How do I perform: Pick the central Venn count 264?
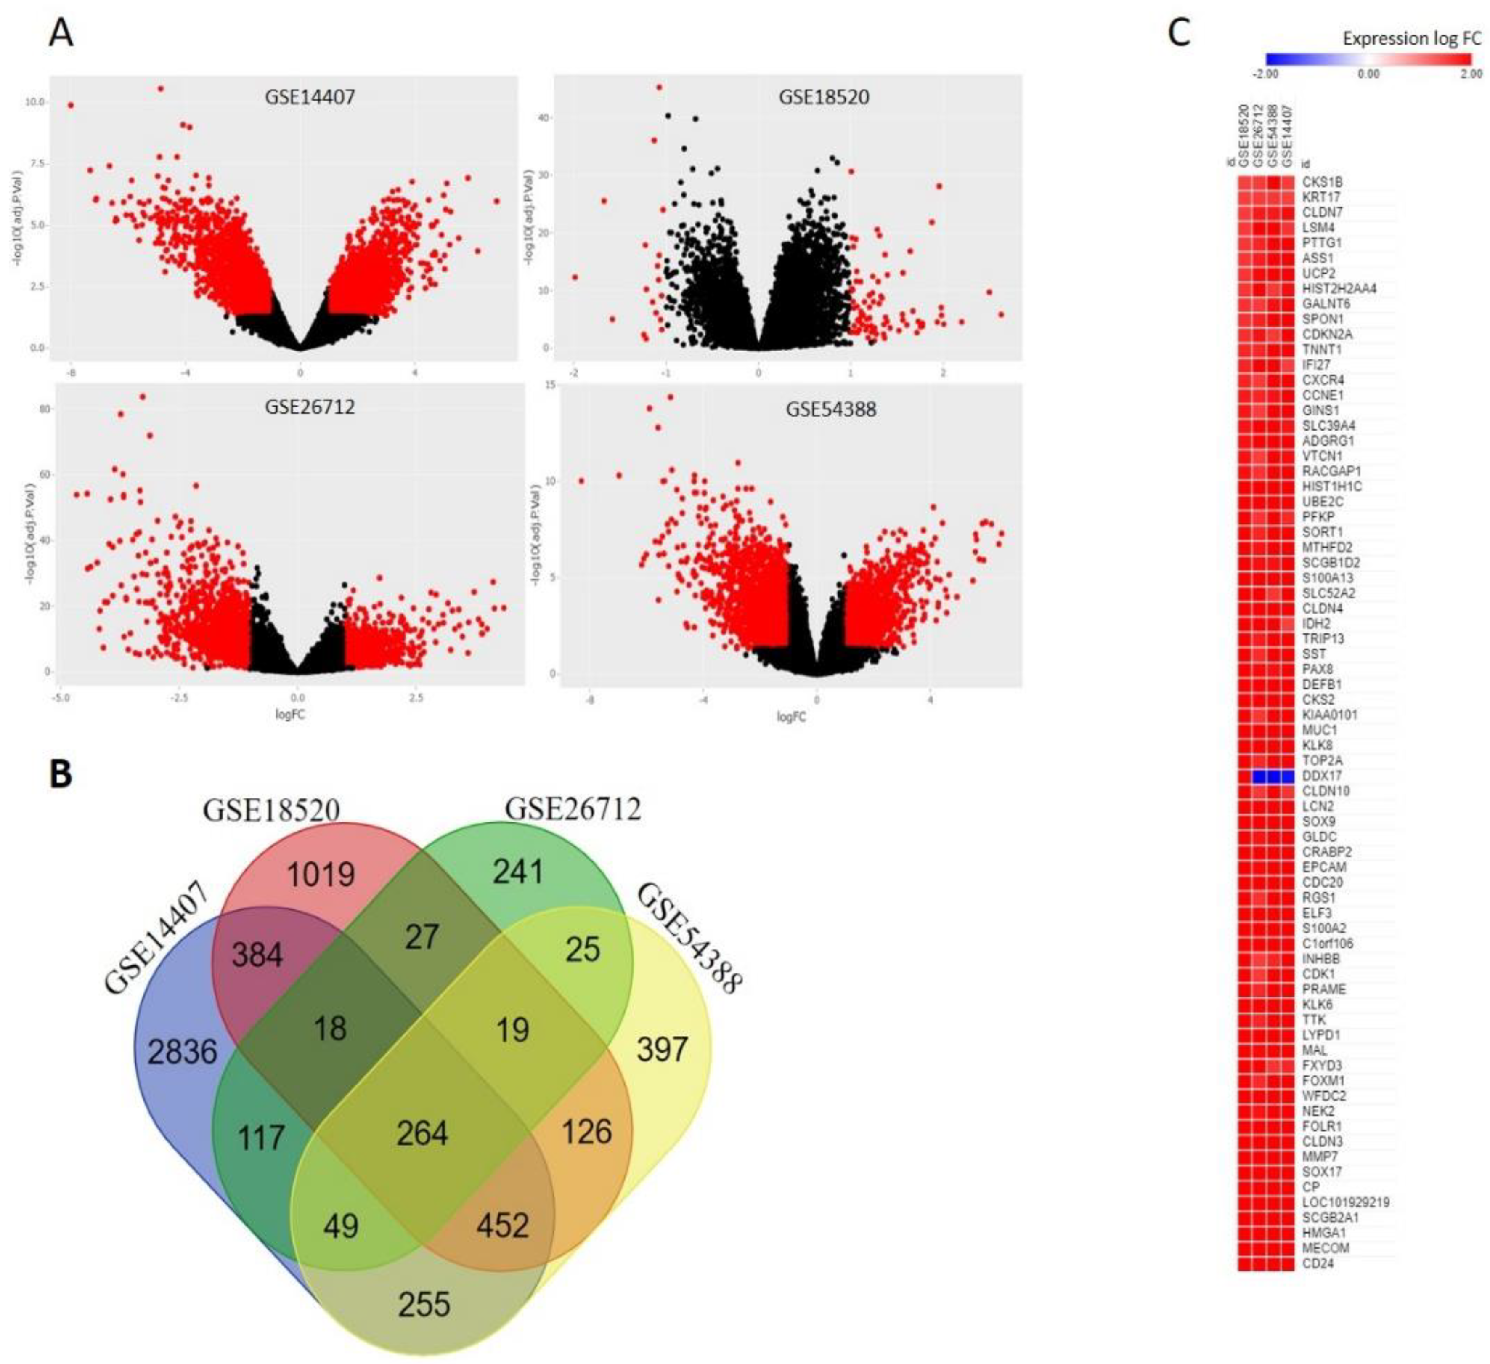point(422,1133)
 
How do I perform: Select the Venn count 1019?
point(321,875)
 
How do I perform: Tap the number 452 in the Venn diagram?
point(503,1225)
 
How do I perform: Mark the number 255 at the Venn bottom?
point(424,1304)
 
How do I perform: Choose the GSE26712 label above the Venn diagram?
point(573,810)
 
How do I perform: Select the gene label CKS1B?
point(1322,182)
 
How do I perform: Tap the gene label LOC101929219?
point(1346,1203)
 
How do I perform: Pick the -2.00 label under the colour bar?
point(1266,74)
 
